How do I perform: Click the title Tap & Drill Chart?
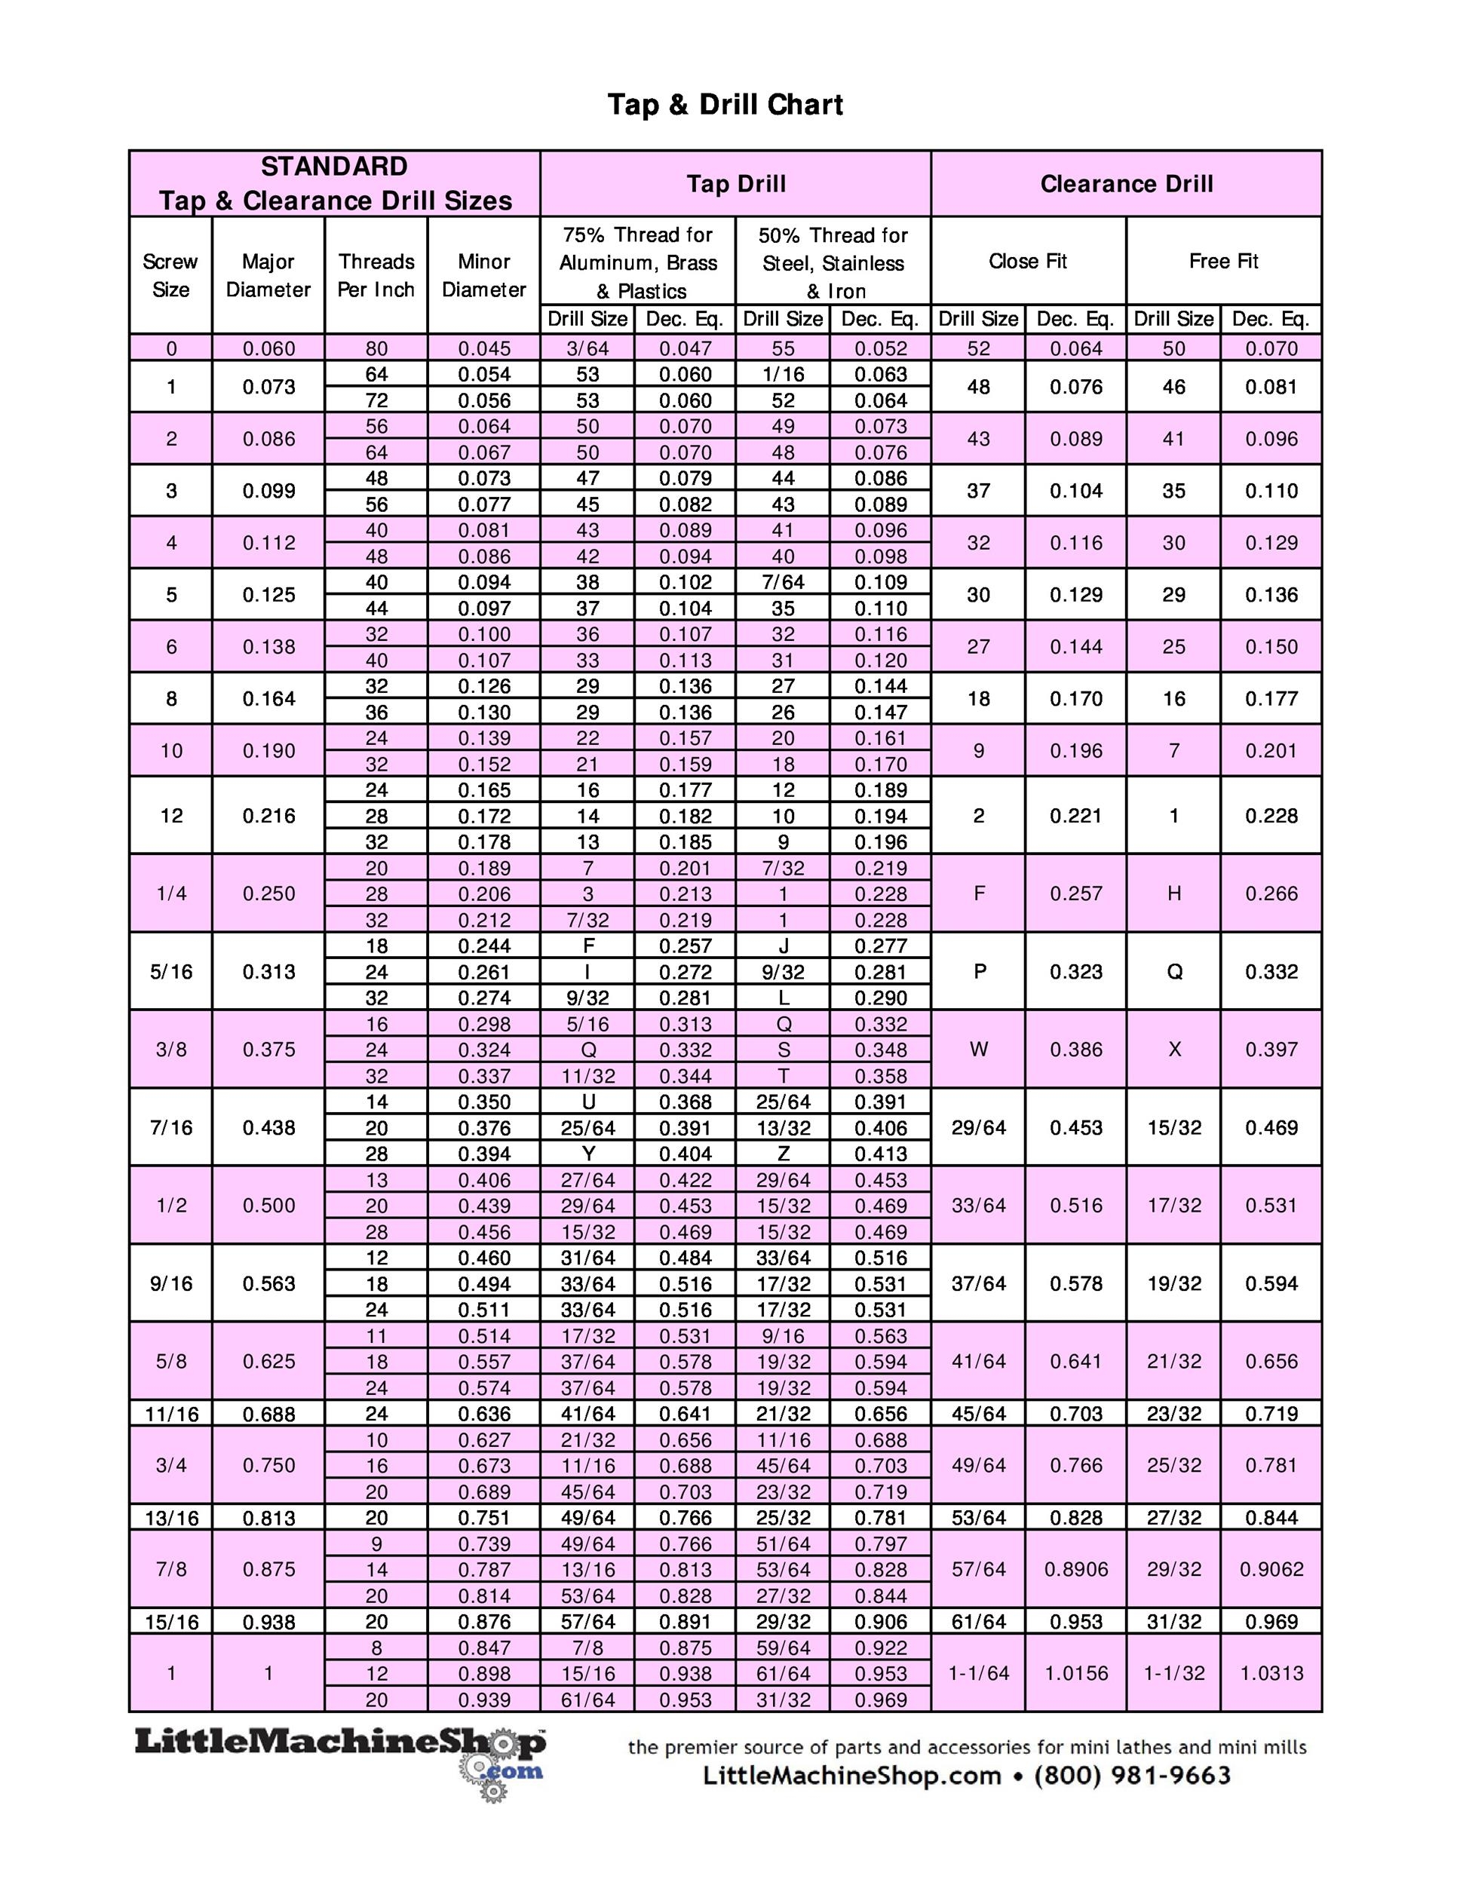[x=725, y=105]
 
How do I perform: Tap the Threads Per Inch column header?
[x=376, y=274]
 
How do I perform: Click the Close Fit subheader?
[x=1027, y=261]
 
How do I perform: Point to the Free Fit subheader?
[x=1223, y=261]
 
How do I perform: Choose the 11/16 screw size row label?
[x=171, y=1414]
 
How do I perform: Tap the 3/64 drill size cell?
[x=587, y=348]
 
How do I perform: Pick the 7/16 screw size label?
[x=171, y=1127]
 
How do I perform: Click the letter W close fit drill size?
[x=978, y=1050]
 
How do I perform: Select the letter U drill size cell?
[x=587, y=1102]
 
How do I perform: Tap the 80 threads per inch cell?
[x=376, y=348]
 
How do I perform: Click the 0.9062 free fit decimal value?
[x=1271, y=1569]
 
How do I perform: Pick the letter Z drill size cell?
[x=783, y=1153]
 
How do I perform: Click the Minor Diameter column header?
[x=483, y=274]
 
